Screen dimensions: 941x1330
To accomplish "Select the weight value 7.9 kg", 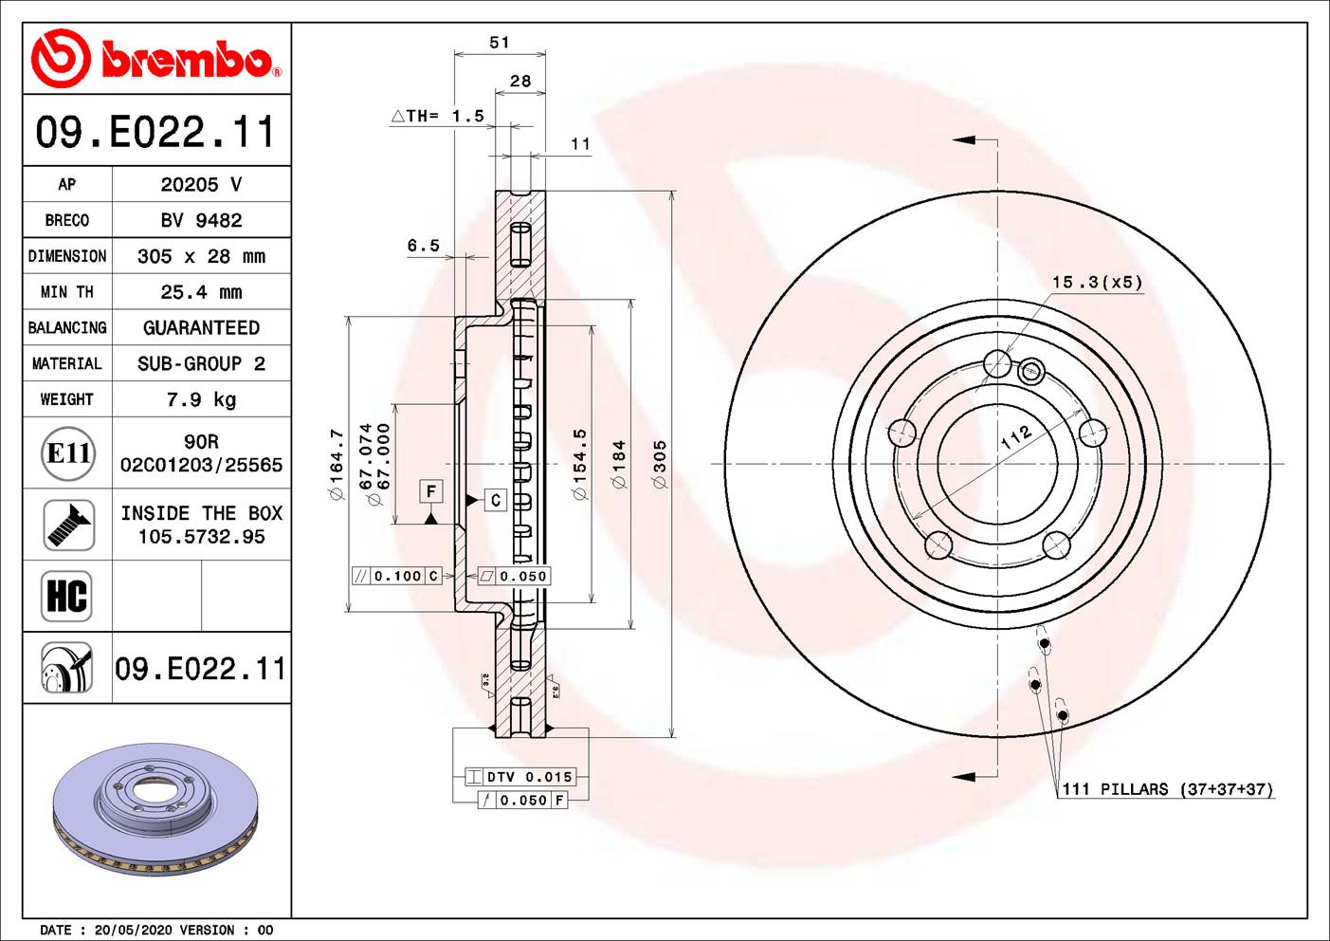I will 201,399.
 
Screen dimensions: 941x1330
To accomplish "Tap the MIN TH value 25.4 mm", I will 201,292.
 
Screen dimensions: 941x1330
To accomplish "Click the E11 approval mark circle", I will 68,453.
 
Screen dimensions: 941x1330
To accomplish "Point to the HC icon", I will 67,596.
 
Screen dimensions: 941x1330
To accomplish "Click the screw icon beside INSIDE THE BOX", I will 68,525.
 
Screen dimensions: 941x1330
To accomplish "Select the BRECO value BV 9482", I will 201,220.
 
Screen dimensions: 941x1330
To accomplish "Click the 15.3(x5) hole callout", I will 1097,283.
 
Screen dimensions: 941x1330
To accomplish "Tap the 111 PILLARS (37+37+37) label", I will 1167,789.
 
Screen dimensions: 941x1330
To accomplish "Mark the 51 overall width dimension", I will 500,43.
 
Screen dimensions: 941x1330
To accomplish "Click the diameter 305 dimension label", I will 660,464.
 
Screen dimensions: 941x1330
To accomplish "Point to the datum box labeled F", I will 431,491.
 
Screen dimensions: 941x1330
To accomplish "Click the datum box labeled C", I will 495,500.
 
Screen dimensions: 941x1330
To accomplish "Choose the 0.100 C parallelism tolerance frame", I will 397,576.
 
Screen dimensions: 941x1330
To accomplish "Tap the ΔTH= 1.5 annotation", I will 438,116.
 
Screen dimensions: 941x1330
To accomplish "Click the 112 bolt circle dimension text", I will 1015,436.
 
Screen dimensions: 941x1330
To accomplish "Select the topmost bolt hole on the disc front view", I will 997,363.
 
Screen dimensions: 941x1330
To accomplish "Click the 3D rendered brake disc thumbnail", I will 156,809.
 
